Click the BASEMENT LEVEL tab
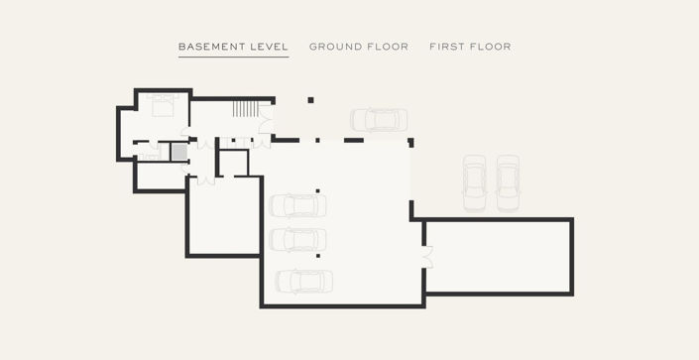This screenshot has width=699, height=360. coord(233,47)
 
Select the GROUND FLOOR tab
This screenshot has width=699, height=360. coord(359,47)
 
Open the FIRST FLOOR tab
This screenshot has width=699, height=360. coord(470,47)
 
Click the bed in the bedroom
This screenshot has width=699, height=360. coord(163,106)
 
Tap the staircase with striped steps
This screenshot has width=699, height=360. coord(245,109)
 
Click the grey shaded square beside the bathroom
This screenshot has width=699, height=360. coord(179,152)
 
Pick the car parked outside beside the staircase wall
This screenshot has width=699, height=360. coord(379,120)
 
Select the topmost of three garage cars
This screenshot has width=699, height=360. coord(297,205)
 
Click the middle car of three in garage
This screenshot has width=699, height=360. coord(297,240)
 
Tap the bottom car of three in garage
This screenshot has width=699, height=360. coord(304,282)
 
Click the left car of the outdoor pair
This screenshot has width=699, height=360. coord(474,182)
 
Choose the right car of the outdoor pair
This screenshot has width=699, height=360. coord(509,182)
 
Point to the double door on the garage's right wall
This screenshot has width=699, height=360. coord(427,257)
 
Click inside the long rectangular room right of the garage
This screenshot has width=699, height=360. coord(498,257)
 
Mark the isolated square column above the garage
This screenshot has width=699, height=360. coord(310,100)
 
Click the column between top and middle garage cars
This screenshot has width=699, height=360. coord(318,191)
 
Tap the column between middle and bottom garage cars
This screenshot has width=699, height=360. coord(318,256)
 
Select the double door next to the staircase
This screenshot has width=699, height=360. coord(266,120)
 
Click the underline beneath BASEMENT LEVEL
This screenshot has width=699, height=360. coord(234,58)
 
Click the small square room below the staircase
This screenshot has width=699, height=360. coord(234,164)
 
